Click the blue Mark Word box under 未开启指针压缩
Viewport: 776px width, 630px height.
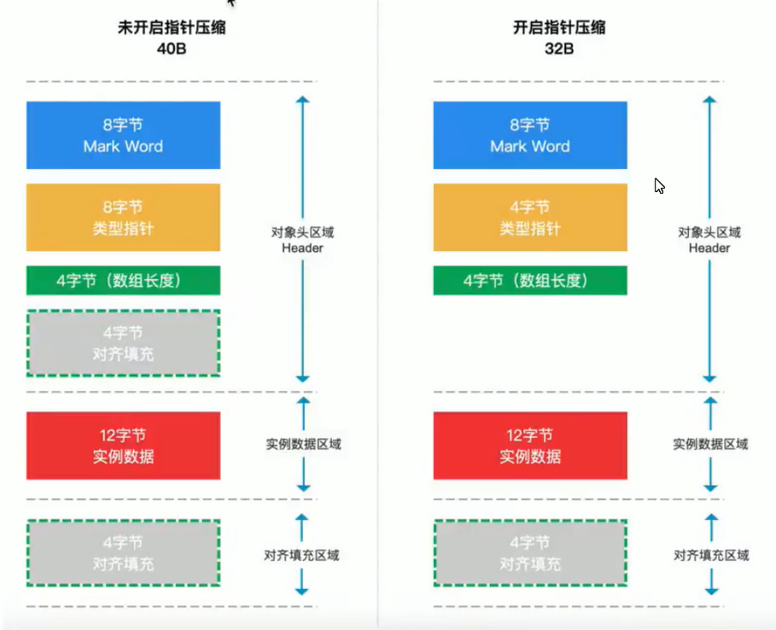123,136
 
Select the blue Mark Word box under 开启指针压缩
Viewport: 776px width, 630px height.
529,136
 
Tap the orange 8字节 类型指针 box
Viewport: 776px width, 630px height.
123,218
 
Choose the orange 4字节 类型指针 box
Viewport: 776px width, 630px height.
529,218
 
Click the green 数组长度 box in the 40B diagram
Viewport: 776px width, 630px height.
123,280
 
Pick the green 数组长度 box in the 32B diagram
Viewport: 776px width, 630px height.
529,280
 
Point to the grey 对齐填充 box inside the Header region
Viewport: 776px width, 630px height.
123,343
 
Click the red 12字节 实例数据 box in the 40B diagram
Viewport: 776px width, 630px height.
123,446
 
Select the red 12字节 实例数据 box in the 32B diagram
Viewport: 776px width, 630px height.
529,446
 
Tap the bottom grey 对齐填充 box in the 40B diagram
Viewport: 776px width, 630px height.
123,553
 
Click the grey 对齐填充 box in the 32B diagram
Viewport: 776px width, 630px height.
529,553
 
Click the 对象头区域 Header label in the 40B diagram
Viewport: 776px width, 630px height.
302,240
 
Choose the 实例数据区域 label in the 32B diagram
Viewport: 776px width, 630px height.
709,444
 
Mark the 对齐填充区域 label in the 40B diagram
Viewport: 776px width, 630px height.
301,555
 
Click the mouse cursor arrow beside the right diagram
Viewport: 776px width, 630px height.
659,186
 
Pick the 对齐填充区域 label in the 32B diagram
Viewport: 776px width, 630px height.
710,555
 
